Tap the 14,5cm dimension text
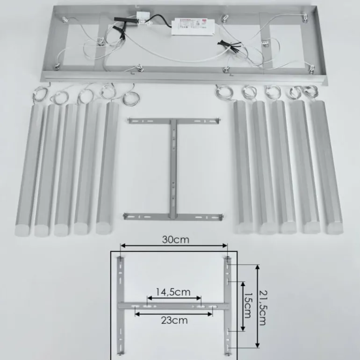tap(173, 292)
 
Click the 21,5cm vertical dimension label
tap(263, 306)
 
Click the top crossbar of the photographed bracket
tap(173, 121)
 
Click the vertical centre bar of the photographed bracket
tap(174, 168)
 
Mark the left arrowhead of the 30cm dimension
tap(122, 245)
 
